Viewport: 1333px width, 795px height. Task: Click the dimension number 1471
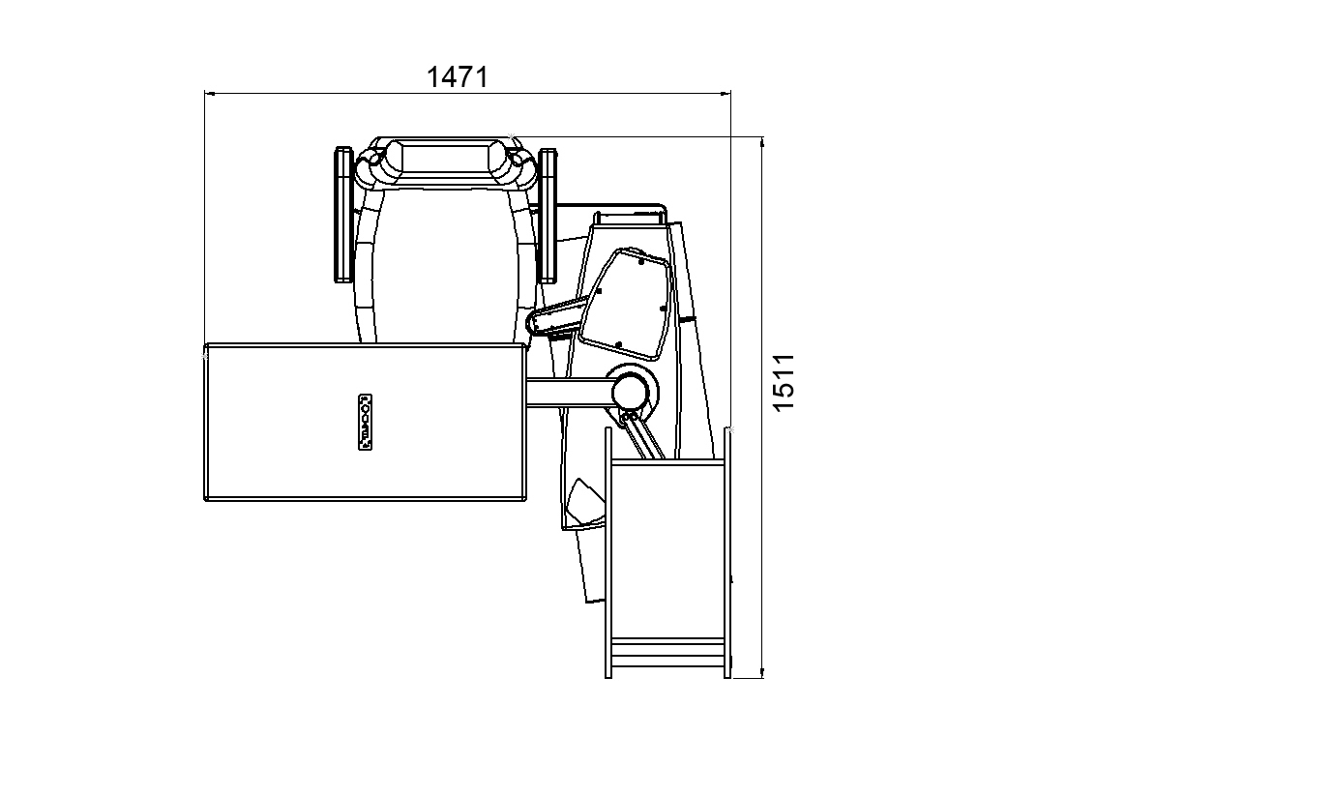(x=457, y=77)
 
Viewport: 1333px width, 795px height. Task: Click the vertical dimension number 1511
(x=784, y=382)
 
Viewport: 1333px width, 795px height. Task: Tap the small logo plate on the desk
(x=365, y=422)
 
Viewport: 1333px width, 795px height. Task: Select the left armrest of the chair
(x=343, y=215)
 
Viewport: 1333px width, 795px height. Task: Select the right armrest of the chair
(x=548, y=216)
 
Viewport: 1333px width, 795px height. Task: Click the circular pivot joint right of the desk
(x=632, y=392)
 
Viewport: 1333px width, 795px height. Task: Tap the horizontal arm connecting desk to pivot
(x=568, y=393)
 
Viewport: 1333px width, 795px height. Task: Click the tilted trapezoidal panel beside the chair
(x=626, y=305)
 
